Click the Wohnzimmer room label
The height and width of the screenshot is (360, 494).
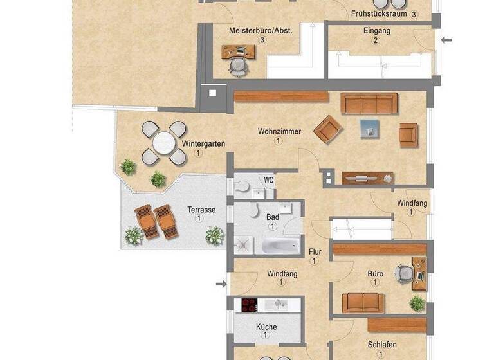pos(279,131)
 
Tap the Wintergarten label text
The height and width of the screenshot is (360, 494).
pos(203,143)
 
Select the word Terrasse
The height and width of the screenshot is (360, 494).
pos(201,210)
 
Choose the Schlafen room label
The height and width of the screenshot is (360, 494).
pos(381,344)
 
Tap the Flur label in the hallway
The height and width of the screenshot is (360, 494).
pos(315,252)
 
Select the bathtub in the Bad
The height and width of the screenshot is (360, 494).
pos(280,245)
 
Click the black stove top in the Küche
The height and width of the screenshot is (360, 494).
pos(250,304)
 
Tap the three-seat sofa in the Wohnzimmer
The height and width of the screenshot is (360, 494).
pos(369,103)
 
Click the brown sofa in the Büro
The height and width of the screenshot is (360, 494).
pos(363,301)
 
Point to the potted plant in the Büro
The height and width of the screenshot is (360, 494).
pos(417,303)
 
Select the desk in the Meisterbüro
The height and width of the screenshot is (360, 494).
pos(238,51)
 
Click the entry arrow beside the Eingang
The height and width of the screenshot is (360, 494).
pos(447,40)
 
